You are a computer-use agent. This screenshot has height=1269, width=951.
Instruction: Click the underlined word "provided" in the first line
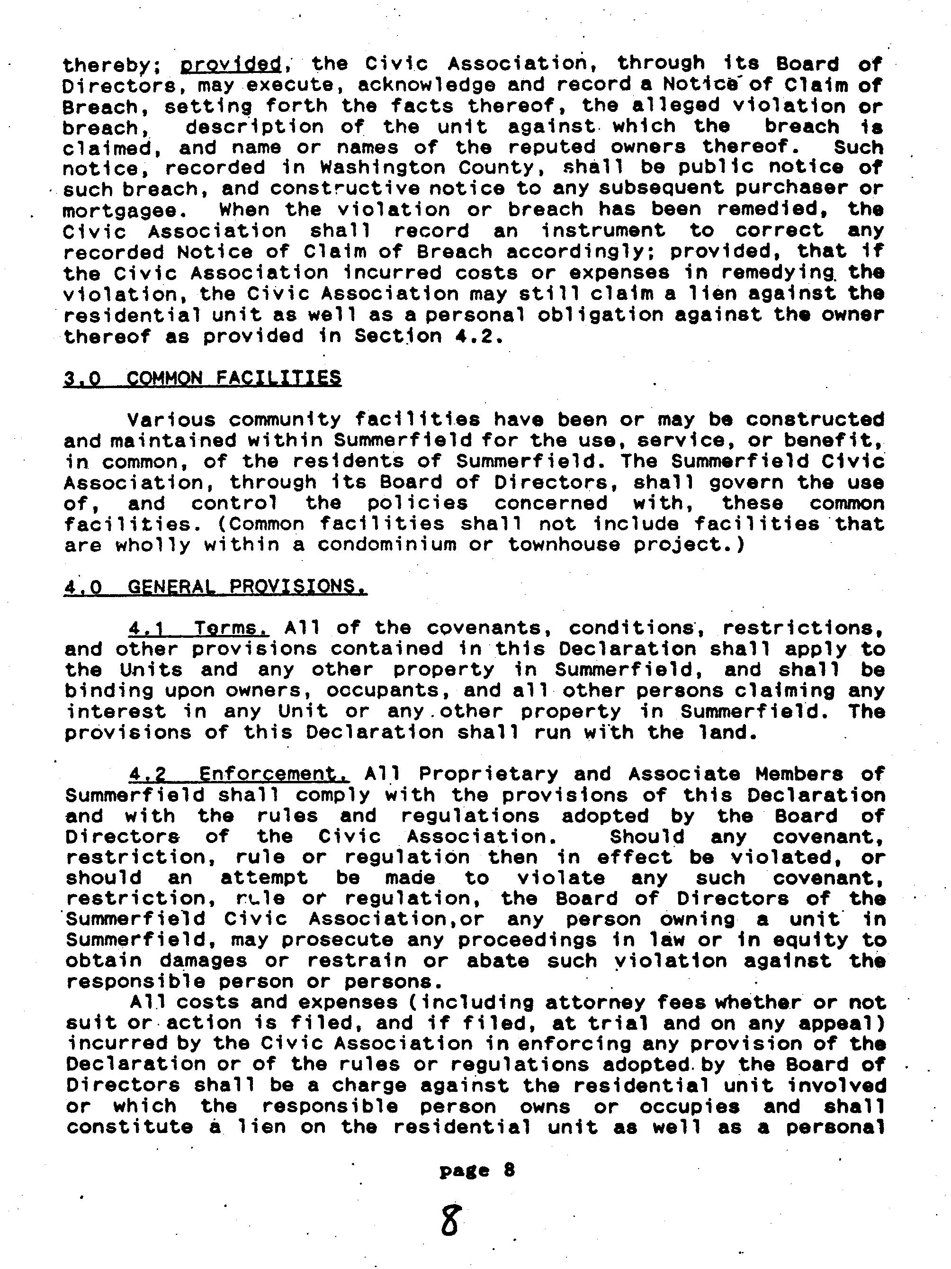(231, 63)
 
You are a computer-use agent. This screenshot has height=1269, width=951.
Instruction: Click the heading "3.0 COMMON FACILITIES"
(202, 378)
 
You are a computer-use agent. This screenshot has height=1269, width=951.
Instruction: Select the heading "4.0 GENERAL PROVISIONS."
(215, 587)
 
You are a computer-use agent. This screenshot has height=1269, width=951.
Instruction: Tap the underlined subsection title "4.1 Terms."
(199, 628)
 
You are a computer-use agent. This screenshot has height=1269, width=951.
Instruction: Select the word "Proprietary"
(488, 774)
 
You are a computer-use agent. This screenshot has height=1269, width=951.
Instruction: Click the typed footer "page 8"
(477, 1170)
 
